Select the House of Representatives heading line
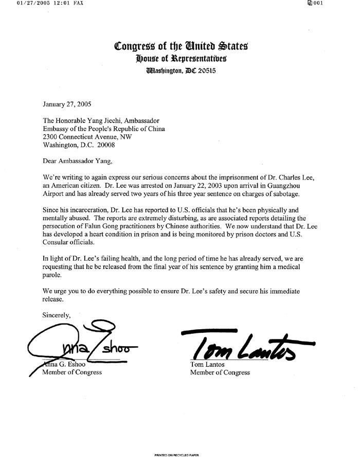181,59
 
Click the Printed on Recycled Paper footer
176,456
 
